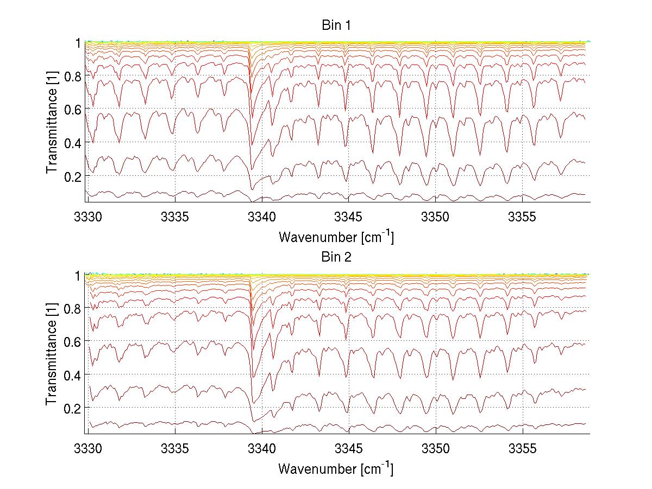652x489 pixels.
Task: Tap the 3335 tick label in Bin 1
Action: click(175, 218)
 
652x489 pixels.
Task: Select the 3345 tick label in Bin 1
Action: click(349, 218)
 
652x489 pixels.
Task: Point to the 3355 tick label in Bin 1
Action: click(523, 218)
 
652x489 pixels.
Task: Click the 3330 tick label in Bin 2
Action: click(88, 449)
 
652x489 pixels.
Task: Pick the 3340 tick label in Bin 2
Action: click(262, 449)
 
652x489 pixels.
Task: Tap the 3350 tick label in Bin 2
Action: click(436, 449)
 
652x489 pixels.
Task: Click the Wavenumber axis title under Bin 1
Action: click(336, 237)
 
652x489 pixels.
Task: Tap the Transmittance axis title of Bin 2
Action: click(52, 354)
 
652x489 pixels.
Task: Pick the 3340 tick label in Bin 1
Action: click(262, 218)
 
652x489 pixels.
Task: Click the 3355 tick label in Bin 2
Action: click(523, 449)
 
